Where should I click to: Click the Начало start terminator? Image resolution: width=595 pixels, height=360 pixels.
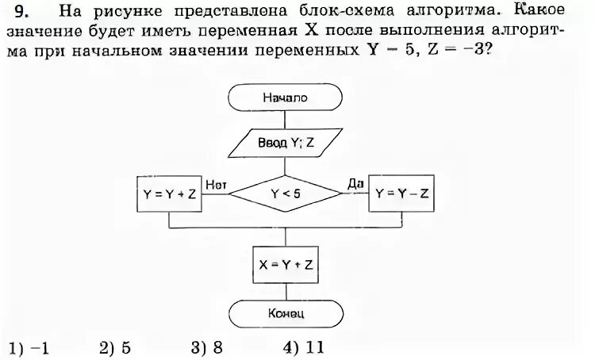point(284,98)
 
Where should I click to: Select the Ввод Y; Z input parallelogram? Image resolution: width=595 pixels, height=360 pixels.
point(284,145)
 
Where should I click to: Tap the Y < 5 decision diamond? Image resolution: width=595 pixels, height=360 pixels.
point(284,192)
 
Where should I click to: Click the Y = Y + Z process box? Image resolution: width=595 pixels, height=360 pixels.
point(171,193)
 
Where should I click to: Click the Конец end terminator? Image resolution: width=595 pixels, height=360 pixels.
point(284,313)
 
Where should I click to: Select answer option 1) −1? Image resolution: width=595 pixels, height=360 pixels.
point(29,348)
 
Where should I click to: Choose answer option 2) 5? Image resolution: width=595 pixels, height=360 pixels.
point(114,348)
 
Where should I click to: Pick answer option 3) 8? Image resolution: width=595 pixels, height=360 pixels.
point(205,348)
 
